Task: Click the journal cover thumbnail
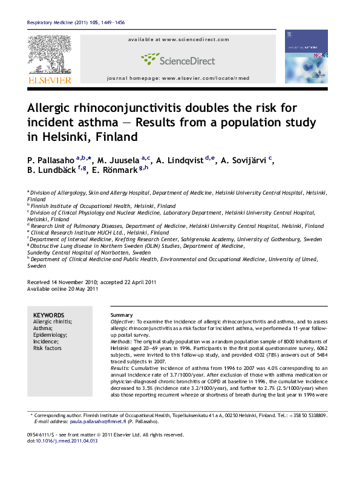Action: click(x=306, y=56)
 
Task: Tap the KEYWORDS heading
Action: click(x=48, y=315)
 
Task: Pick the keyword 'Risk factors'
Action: click(x=47, y=348)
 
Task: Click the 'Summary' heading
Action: click(x=122, y=316)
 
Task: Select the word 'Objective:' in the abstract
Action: click(x=122, y=322)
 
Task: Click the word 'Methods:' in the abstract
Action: click(x=122, y=342)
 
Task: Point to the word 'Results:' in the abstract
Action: click(x=121, y=368)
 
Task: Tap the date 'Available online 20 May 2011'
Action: click(x=63, y=289)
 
